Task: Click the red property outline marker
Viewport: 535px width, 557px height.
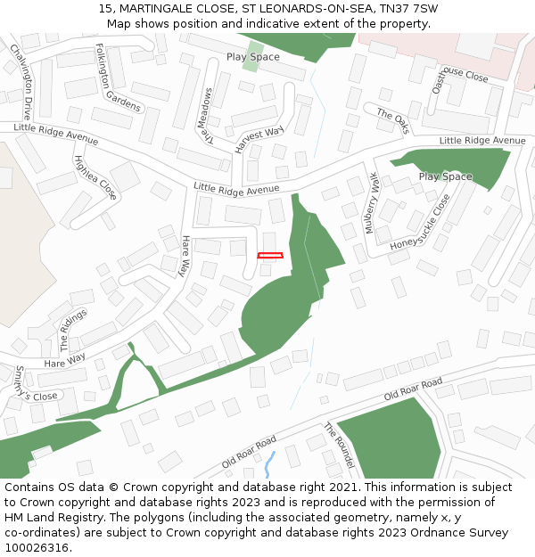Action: click(270, 256)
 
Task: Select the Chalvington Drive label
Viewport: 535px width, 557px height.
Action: click(21, 83)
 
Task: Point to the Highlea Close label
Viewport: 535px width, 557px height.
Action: click(95, 177)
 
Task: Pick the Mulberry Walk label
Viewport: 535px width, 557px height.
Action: click(372, 203)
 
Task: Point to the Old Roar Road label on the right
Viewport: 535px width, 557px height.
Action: click(413, 389)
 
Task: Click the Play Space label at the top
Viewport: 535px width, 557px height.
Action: click(252, 57)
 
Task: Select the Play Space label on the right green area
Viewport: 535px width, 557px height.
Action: click(445, 176)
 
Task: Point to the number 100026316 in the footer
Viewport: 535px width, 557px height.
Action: click(36, 548)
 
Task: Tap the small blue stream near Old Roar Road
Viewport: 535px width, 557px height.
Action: click(269, 464)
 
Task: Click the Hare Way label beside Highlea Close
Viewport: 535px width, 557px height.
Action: click(185, 256)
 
